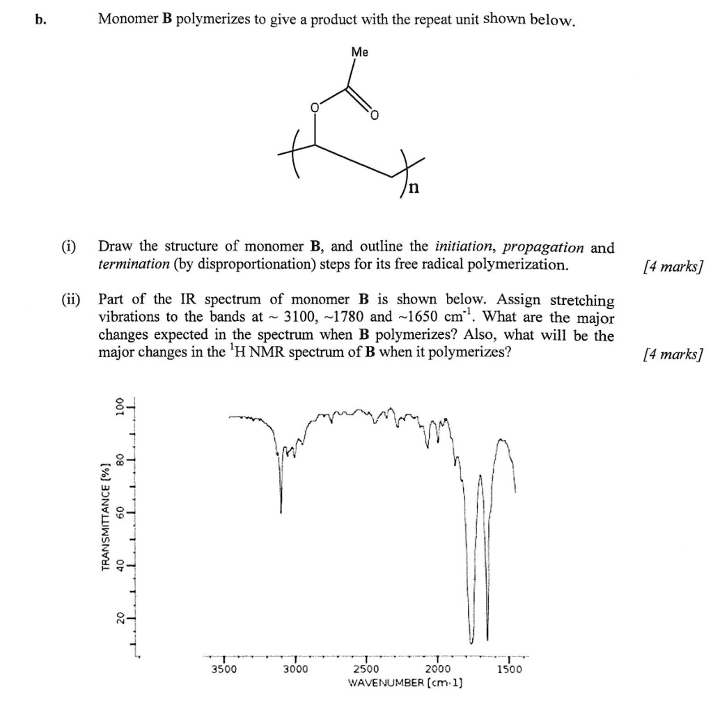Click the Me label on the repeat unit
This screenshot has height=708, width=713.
point(360,52)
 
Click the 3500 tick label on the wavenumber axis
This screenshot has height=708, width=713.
point(224,669)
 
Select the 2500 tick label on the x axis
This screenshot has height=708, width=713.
point(366,669)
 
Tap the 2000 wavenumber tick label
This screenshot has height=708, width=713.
point(437,669)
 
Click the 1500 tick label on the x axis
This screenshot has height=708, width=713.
point(509,669)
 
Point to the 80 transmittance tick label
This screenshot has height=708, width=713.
point(120,459)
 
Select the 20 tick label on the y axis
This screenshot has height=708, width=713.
point(120,617)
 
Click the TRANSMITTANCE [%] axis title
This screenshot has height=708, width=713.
point(107,516)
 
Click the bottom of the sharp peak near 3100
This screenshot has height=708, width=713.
point(281,512)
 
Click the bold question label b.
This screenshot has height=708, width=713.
point(40,19)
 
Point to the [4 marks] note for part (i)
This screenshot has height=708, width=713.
point(673,265)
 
